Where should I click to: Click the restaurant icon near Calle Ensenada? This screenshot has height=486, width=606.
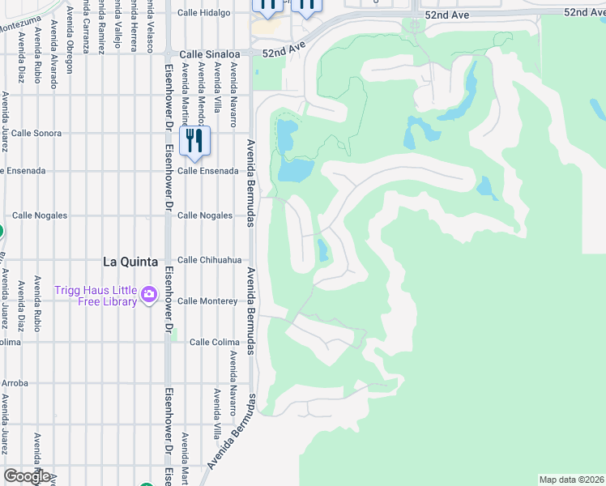pos(194,141)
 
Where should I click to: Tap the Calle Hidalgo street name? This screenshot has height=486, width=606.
pos(204,13)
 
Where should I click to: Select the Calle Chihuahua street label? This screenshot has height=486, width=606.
pos(210,260)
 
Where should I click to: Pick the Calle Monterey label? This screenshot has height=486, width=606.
pos(207,301)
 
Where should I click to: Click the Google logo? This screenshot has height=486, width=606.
pos(27,476)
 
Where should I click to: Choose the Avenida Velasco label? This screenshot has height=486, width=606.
pos(151,19)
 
